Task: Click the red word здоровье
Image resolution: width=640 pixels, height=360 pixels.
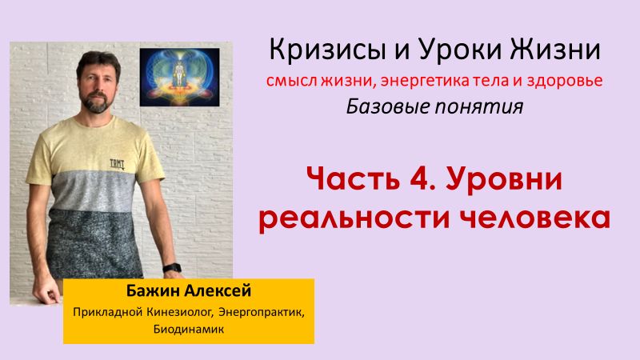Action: click(563, 81)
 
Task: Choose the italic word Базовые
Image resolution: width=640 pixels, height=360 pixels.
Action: click(383, 106)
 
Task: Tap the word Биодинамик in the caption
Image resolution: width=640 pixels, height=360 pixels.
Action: click(103, 327)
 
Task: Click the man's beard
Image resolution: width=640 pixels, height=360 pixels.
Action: click(95, 103)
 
